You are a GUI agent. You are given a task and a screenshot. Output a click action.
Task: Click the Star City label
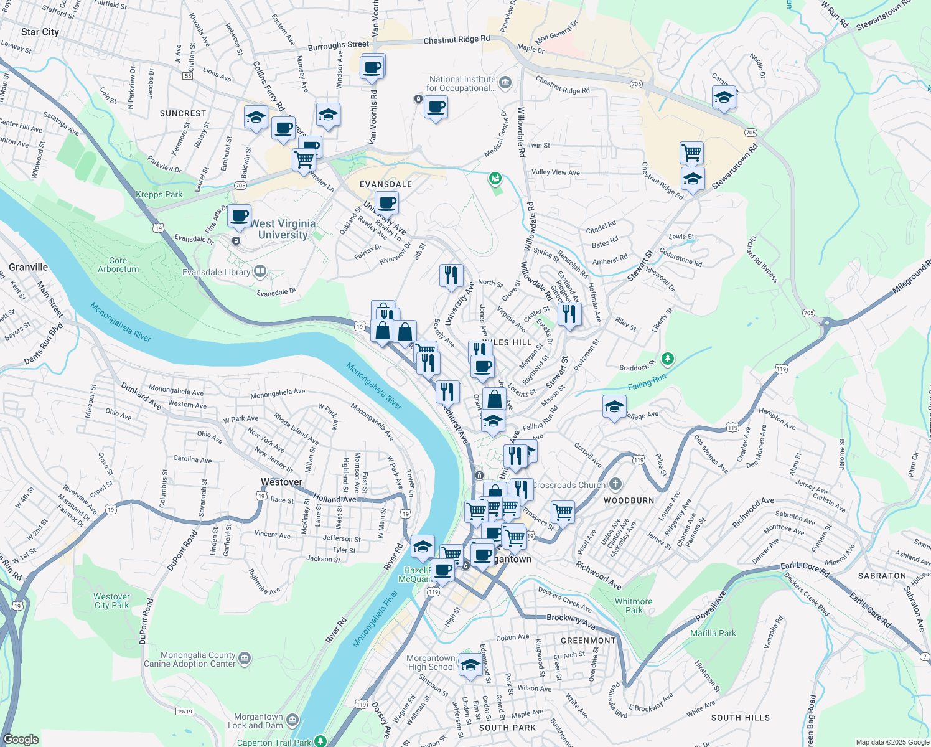[40, 32]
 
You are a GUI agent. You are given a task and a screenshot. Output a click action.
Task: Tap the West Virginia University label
[283, 229]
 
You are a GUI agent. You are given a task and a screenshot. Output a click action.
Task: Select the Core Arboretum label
[118, 265]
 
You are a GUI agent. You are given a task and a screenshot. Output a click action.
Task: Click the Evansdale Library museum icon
[260, 271]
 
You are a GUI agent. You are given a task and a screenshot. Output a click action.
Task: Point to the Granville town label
[29, 267]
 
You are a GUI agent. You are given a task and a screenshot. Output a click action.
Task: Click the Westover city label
[281, 482]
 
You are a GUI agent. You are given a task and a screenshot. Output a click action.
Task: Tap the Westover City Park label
[112, 601]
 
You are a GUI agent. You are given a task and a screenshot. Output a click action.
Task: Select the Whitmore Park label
[634, 606]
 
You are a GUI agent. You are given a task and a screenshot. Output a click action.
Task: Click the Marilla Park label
[713, 633]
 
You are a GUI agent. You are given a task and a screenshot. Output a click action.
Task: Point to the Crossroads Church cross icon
[615, 484]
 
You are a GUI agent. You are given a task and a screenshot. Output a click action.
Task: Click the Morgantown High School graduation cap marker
[470, 664]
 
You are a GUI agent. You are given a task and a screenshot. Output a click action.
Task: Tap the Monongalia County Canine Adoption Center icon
[245, 658]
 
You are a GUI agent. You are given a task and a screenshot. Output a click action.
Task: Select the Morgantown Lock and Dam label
[258, 721]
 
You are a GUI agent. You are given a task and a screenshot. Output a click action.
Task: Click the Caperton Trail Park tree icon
[320, 741]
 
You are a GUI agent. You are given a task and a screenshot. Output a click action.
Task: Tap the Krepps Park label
[159, 194]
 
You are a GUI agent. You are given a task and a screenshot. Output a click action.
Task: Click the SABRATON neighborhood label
[882, 576]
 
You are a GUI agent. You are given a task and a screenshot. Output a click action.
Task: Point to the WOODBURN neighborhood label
[629, 500]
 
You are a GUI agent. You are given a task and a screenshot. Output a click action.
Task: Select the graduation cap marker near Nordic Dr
[724, 98]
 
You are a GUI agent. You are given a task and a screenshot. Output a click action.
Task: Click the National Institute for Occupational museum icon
[505, 82]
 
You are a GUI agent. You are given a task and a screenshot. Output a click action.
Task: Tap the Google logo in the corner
[21, 740]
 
